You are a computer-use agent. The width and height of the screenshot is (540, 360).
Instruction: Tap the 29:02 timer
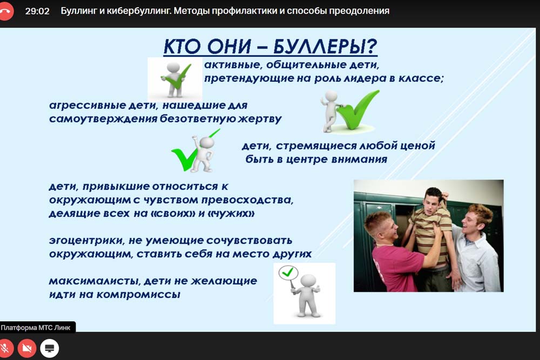tap(37, 11)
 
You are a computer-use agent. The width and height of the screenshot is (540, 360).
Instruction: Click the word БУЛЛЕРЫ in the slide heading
tap(326, 46)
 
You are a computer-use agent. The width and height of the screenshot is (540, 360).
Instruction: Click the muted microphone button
tap(5, 348)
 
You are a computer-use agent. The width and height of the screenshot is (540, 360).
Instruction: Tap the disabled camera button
tap(27, 348)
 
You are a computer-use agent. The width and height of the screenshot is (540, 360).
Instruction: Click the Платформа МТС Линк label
tap(36, 328)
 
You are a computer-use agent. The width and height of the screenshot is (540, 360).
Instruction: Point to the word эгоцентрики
tap(86, 240)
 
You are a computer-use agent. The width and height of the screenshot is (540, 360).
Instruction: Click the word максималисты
tap(94, 281)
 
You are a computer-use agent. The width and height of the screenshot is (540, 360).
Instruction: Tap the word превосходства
tap(247, 200)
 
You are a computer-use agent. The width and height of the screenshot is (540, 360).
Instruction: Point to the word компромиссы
tap(138, 295)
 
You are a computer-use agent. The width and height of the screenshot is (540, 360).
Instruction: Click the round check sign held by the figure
tap(288, 272)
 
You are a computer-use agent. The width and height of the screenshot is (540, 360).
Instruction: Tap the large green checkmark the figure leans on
tap(358, 110)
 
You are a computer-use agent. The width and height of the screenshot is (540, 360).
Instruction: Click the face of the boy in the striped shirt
tap(431, 203)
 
